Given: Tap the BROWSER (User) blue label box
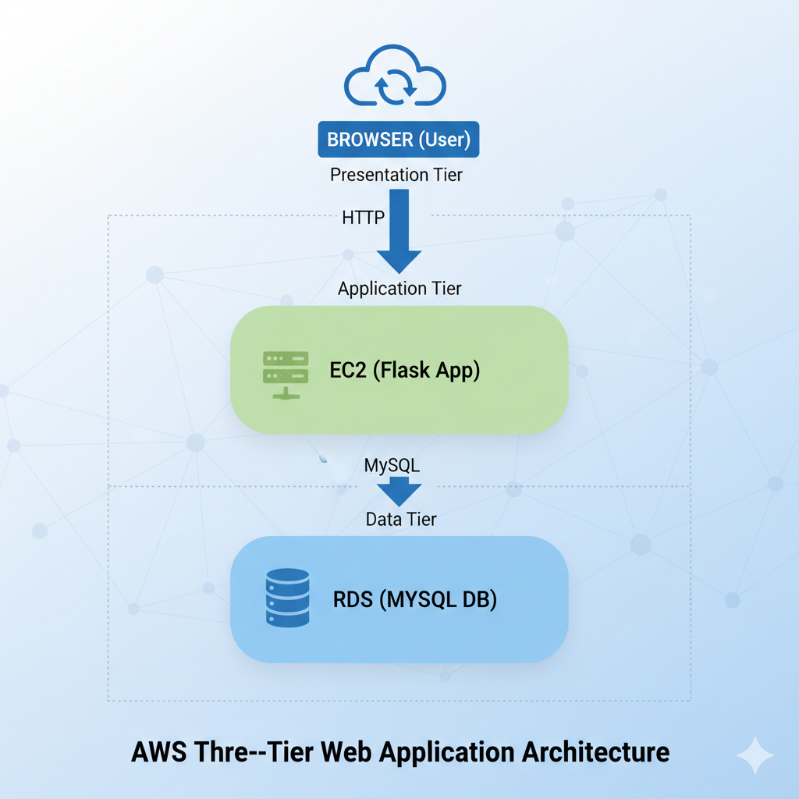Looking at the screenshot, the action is tap(399, 139).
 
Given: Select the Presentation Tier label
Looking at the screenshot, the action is tap(396, 175).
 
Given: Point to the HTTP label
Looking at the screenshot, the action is tap(363, 218).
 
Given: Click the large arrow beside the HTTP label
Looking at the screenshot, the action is tap(399, 231).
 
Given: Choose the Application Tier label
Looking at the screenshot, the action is tap(399, 289).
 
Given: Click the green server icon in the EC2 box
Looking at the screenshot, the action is tap(286, 375).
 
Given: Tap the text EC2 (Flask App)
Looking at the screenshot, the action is tap(405, 370).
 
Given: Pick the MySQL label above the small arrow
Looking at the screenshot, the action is tap(392, 465).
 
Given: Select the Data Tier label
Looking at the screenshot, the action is tap(401, 519).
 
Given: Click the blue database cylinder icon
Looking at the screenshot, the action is tap(287, 597).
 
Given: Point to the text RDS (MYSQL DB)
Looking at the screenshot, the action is tap(415, 599).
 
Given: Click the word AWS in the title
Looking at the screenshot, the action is tap(159, 752).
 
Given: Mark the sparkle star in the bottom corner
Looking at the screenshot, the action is tap(755, 755).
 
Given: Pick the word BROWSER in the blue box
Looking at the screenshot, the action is tap(370, 139).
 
